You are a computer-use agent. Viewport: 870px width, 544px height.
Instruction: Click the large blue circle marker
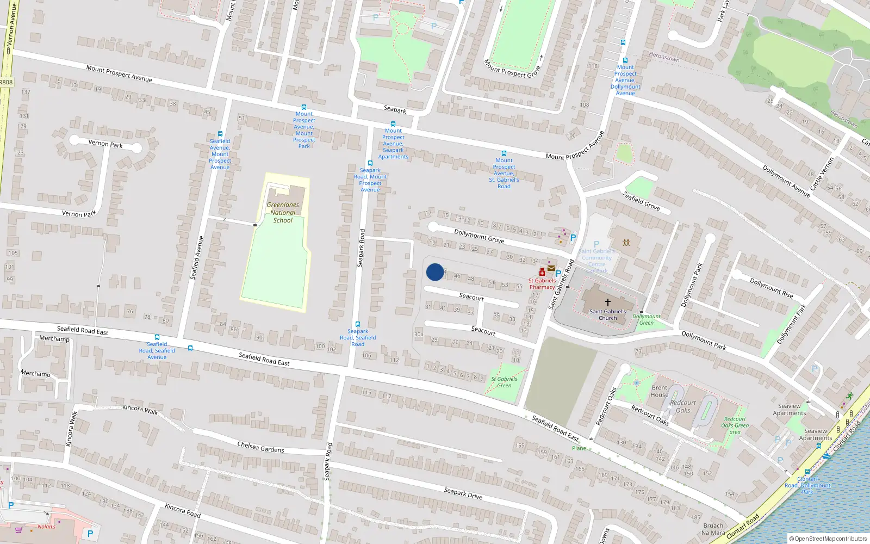click(435, 272)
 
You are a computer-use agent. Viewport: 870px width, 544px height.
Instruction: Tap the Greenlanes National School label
click(283, 213)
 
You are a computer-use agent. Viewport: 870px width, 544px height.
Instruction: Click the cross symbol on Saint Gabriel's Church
click(608, 302)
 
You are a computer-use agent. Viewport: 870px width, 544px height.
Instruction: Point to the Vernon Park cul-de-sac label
click(105, 144)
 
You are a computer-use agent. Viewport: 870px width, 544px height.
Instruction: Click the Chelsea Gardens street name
click(260, 447)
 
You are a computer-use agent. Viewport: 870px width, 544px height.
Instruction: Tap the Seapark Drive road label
click(463, 493)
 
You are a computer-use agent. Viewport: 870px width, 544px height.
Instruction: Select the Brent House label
click(660, 391)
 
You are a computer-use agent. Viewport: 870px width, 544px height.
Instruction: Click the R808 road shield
click(6, 82)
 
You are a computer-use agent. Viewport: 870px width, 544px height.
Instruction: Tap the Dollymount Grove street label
click(479, 236)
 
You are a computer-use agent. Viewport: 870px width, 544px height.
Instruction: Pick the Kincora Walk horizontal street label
click(140, 410)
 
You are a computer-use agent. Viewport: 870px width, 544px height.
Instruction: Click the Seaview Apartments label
click(790, 410)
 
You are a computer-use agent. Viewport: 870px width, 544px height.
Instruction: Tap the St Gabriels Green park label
click(504, 382)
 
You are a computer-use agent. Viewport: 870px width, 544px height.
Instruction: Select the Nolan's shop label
click(46, 527)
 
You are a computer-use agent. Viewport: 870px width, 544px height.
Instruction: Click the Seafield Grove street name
click(641, 201)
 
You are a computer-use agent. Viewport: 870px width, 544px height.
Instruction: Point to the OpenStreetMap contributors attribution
click(828, 539)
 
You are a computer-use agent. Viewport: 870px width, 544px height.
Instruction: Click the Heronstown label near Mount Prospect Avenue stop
click(664, 57)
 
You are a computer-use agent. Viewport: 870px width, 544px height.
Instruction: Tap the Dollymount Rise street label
click(771, 288)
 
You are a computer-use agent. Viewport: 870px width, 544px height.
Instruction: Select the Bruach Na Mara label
click(713, 529)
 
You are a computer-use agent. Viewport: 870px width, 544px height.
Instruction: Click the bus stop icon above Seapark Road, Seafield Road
click(357, 324)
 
